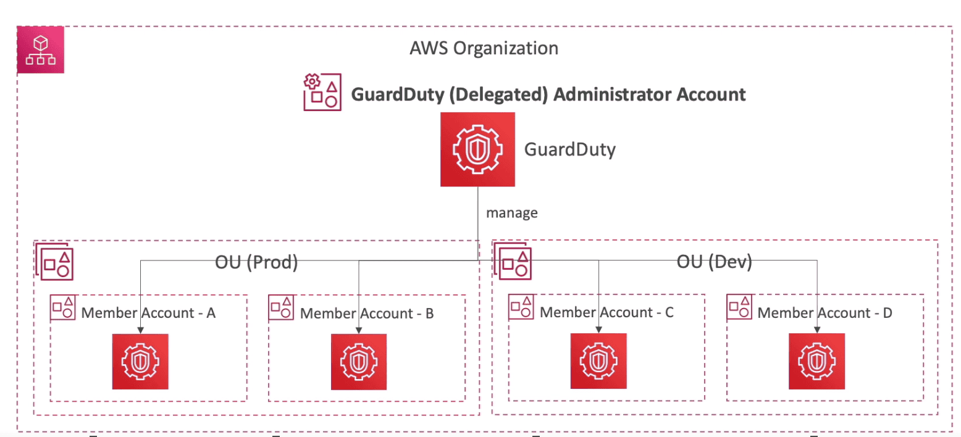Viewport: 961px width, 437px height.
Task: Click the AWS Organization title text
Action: pyautogui.click(x=484, y=48)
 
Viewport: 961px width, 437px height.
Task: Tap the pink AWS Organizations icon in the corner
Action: pyautogui.click(x=41, y=50)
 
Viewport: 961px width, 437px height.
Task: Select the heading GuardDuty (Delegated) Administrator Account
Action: pyautogui.click(x=548, y=94)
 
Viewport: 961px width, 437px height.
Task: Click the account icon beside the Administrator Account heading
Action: pyautogui.click(x=321, y=93)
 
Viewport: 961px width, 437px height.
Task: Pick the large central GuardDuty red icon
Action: pyautogui.click(x=477, y=149)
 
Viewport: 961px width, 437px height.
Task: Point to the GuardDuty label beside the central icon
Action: pyautogui.click(x=569, y=149)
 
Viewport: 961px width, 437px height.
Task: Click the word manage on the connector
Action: pyautogui.click(x=512, y=214)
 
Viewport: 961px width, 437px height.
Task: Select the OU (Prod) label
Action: pyautogui.click(x=256, y=262)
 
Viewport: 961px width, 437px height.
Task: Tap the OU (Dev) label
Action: pyautogui.click(x=714, y=262)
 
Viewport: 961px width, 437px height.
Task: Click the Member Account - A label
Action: pyautogui.click(x=148, y=313)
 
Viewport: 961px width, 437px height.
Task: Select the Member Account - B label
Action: pyautogui.click(x=367, y=314)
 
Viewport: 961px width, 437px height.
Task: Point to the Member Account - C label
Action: pyautogui.click(x=606, y=312)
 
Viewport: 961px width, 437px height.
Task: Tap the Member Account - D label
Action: pyautogui.click(x=825, y=313)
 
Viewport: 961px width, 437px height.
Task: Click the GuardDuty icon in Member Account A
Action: pyautogui.click(x=140, y=362)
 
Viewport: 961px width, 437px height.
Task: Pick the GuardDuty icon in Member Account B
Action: pyautogui.click(x=359, y=362)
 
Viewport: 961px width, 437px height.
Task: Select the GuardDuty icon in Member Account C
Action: pyautogui.click(x=598, y=361)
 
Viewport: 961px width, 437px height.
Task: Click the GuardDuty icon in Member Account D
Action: pyautogui.click(x=817, y=361)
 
